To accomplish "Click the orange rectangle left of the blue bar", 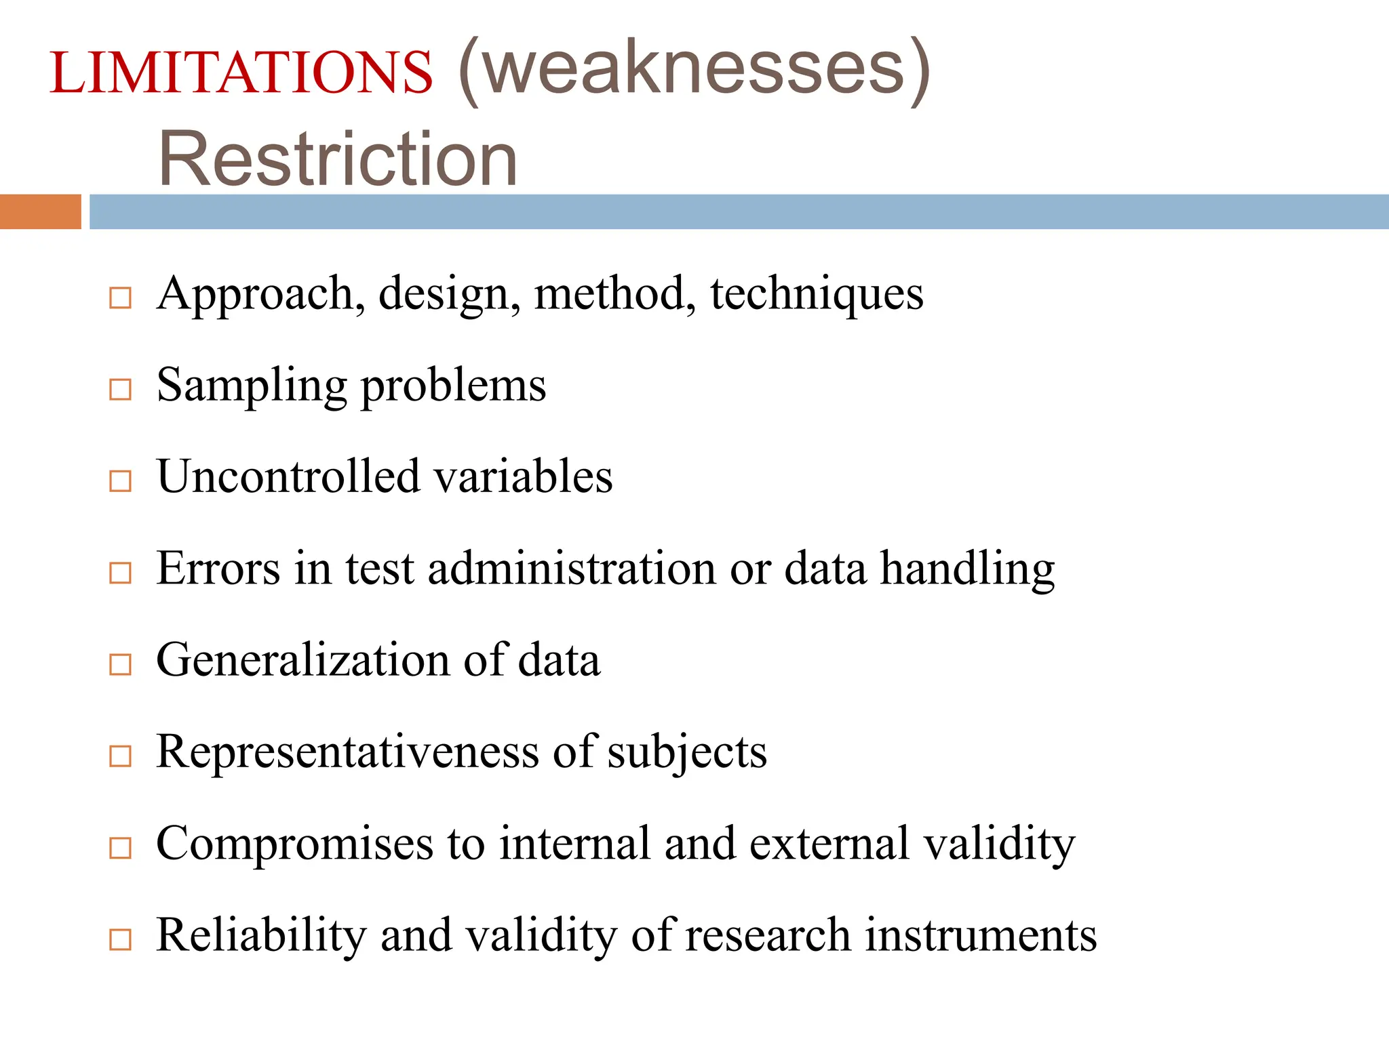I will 40,211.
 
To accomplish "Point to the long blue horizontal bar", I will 738,211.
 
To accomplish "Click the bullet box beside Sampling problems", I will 120,389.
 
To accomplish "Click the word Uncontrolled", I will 288,476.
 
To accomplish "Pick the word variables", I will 523,476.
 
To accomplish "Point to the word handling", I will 967,569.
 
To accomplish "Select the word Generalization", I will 302,660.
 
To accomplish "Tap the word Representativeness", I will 347,752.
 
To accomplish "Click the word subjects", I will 686,753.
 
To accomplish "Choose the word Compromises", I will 294,844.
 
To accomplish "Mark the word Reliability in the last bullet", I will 261,936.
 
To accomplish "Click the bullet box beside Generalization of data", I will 120,664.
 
